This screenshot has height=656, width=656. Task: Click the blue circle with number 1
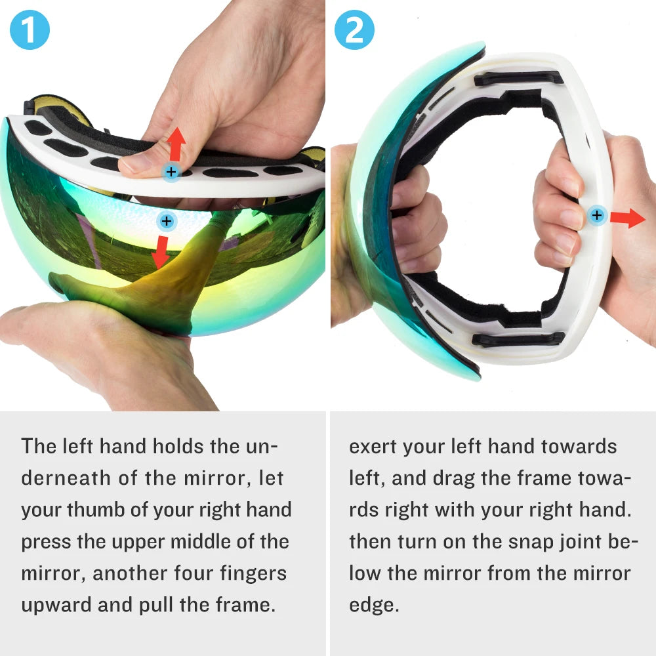(x=30, y=30)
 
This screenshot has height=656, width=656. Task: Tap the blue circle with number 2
(x=355, y=30)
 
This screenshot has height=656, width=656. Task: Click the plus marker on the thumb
(x=171, y=173)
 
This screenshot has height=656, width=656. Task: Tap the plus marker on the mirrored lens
(x=167, y=221)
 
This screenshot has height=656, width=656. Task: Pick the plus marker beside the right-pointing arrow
(x=596, y=215)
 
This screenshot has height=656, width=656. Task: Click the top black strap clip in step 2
(x=518, y=79)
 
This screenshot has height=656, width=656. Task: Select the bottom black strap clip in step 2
(x=518, y=338)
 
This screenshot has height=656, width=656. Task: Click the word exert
(x=373, y=447)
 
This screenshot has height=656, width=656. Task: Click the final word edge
(x=373, y=605)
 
